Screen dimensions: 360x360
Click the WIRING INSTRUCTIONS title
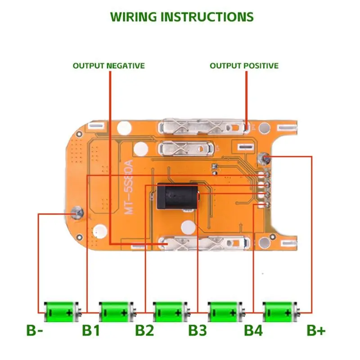182,17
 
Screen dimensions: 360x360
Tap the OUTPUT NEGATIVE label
108,66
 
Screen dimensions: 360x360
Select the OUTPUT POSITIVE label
244,66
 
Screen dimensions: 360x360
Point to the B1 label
90,331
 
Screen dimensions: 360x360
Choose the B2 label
145,331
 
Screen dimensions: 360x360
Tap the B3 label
198,331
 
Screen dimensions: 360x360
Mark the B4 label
253,331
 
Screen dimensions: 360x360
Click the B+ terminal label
316,331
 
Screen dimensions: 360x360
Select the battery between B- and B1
60,312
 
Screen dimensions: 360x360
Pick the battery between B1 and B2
116,312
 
